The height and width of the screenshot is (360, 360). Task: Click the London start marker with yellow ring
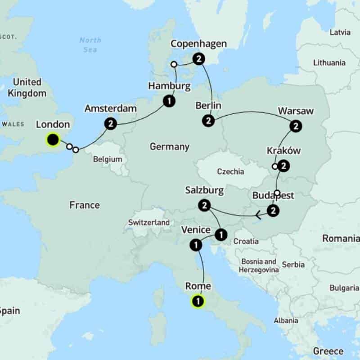53,140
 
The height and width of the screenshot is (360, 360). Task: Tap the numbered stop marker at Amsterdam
110,123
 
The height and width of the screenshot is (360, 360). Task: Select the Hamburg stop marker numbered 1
169,101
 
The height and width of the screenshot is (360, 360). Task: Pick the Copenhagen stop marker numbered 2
198,58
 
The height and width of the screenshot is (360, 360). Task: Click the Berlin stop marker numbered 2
208,121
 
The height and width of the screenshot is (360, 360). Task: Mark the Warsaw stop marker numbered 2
296,126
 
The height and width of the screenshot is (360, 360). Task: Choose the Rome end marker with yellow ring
198,301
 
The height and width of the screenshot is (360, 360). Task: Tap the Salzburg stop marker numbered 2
204,206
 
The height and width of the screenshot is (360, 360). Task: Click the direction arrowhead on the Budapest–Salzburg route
258,216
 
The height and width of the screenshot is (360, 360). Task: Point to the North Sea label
90,45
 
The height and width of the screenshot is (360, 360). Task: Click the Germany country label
169,147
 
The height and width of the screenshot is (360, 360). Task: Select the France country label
84,205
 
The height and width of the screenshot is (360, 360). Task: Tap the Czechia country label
230,171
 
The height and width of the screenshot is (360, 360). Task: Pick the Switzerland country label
149,222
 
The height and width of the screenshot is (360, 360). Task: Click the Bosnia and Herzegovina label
258,265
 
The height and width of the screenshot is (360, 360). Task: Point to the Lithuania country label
329,63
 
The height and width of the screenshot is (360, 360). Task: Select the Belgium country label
108,159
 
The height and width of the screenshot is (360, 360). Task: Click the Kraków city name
283,151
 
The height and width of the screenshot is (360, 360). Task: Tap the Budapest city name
273,196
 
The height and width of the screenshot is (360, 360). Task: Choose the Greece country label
328,351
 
